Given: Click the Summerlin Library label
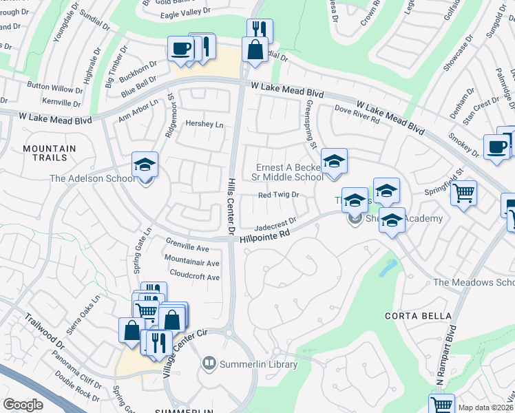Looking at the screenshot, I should [x=258, y=363].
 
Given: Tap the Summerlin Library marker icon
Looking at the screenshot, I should [x=209, y=363].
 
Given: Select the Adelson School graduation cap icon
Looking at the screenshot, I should [x=145, y=165].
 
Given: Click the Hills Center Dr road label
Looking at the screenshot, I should [x=232, y=204].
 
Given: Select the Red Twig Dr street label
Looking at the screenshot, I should [x=278, y=195].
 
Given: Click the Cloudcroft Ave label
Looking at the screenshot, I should [x=194, y=277].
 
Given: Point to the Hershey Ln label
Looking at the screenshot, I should [x=204, y=124].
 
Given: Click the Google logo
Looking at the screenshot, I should [x=23, y=405].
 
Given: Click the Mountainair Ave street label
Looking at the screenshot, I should [x=191, y=262].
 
